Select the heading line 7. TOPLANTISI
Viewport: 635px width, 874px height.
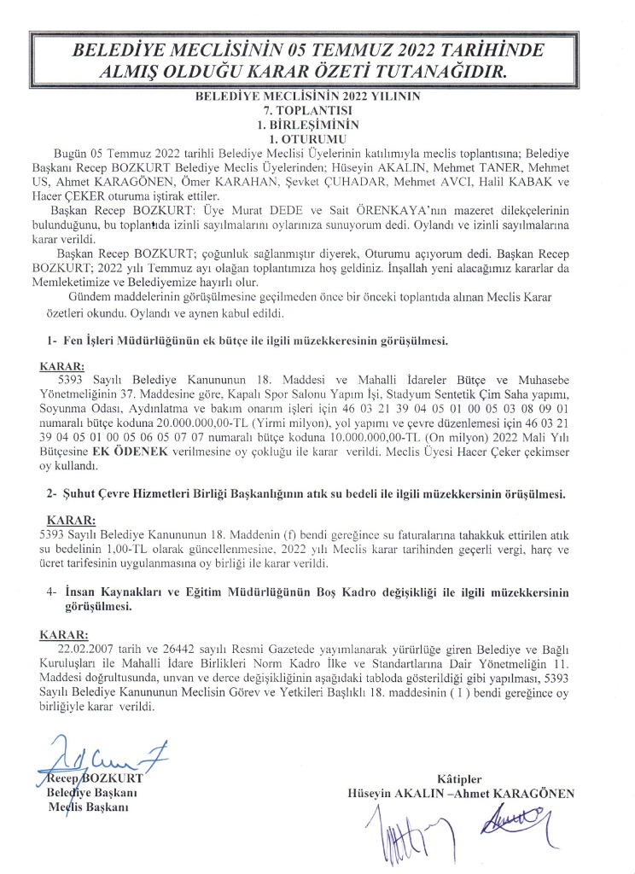317,111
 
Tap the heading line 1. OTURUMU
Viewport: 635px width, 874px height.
317,137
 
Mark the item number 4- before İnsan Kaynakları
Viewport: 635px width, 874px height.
54,591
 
